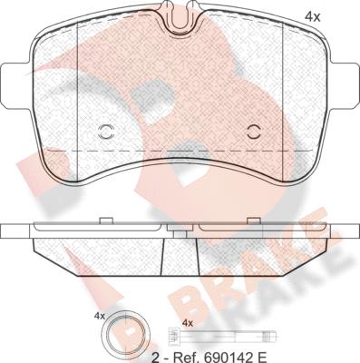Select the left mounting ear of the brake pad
(16, 86)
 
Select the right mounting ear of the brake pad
(344, 86)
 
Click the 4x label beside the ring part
(100, 317)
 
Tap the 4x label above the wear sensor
(188, 323)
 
